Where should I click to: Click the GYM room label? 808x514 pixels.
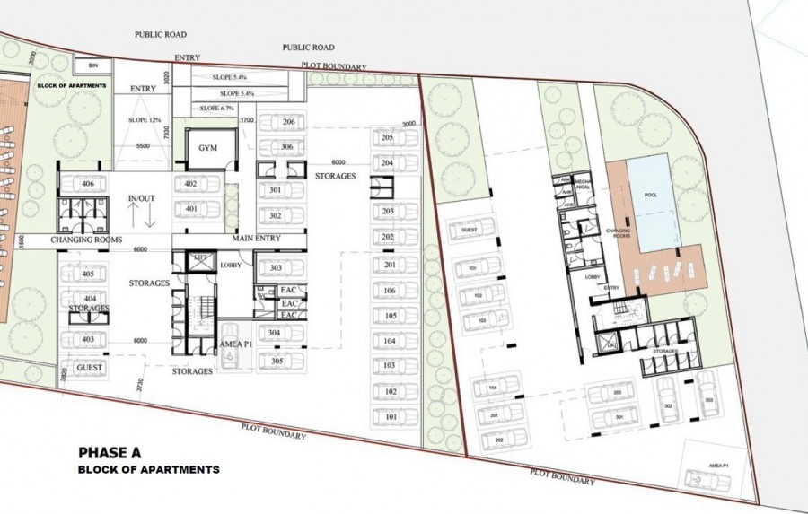(x=208, y=148)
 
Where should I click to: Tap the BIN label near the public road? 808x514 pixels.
(x=92, y=65)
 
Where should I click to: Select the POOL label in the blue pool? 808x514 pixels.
(x=650, y=195)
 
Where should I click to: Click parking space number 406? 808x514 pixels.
(x=88, y=184)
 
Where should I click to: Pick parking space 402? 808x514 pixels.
(x=189, y=184)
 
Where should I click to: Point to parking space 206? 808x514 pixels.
(x=287, y=122)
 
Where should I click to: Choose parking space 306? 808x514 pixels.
(x=287, y=147)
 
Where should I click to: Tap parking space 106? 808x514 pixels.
(x=389, y=291)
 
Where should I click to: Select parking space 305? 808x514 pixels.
(x=276, y=361)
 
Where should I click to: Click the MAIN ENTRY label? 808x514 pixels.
(x=257, y=239)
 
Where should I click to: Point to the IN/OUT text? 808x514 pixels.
(x=142, y=197)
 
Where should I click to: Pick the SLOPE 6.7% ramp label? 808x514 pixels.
(x=218, y=108)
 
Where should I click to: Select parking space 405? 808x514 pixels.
(x=88, y=274)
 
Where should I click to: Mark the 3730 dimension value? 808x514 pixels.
(x=137, y=383)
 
